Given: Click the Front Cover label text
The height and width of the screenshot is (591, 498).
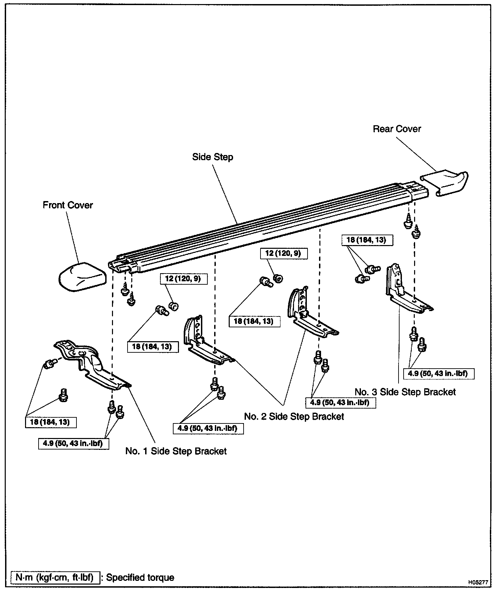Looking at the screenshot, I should click(68, 205).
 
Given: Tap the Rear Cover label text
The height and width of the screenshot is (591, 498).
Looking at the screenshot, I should click(397, 129).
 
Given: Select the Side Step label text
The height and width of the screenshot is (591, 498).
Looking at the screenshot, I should click(212, 157).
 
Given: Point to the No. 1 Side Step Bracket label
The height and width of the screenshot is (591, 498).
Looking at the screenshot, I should click(176, 451).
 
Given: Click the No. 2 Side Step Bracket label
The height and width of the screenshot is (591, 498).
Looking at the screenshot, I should click(294, 416).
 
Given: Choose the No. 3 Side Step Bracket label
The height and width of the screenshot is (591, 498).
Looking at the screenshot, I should click(405, 392).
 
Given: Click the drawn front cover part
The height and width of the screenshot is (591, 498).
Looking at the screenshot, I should click(82, 277).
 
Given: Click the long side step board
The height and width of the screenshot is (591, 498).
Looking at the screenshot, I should click(264, 225).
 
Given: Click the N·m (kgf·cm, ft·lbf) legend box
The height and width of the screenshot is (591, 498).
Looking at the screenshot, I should click(55, 577).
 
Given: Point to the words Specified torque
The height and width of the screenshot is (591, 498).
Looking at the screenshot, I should click(140, 577).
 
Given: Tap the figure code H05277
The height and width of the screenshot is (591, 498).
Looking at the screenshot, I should click(478, 583).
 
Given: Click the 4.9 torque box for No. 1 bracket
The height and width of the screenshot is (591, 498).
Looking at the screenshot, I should click(73, 443).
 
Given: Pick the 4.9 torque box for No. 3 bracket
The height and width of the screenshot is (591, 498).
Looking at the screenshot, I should click(438, 374).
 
